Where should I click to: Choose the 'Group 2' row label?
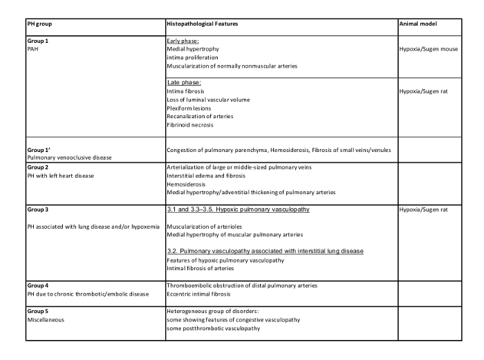pyautogui.click(x=38, y=167)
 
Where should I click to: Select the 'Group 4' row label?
pyautogui.click(x=38, y=285)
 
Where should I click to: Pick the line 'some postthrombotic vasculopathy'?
pyautogui.click(x=213, y=328)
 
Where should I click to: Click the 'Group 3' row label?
pyautogui.click(x=38, y=209)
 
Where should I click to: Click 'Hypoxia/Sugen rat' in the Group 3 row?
pyautogui.click(x=426, y=209)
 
